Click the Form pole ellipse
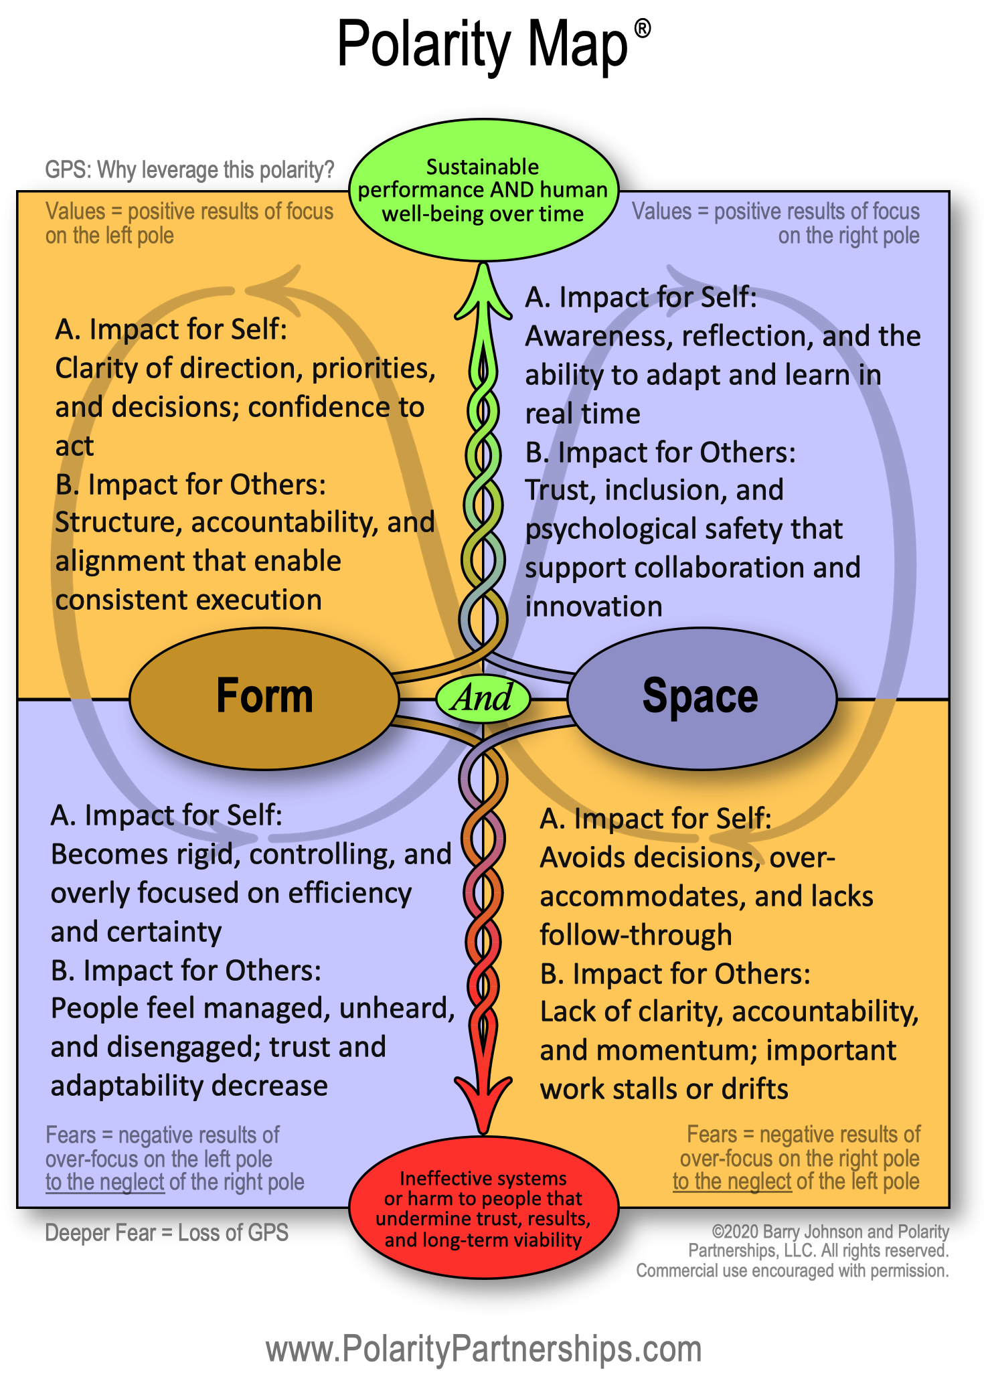(264, 698)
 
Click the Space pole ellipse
(701, 698)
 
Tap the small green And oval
(483, 698)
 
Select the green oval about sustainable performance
(483, 190)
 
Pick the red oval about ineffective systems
(483, 1208)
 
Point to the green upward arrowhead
(483, 295)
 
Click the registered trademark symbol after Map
(642, 29)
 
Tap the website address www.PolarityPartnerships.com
(483, 1348)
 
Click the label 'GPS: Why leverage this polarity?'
(189, 170)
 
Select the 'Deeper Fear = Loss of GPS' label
(167, 1232)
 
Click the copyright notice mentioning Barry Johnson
(793, 1250)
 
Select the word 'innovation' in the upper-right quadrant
(594, 606)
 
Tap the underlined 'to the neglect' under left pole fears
(104, 1182)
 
